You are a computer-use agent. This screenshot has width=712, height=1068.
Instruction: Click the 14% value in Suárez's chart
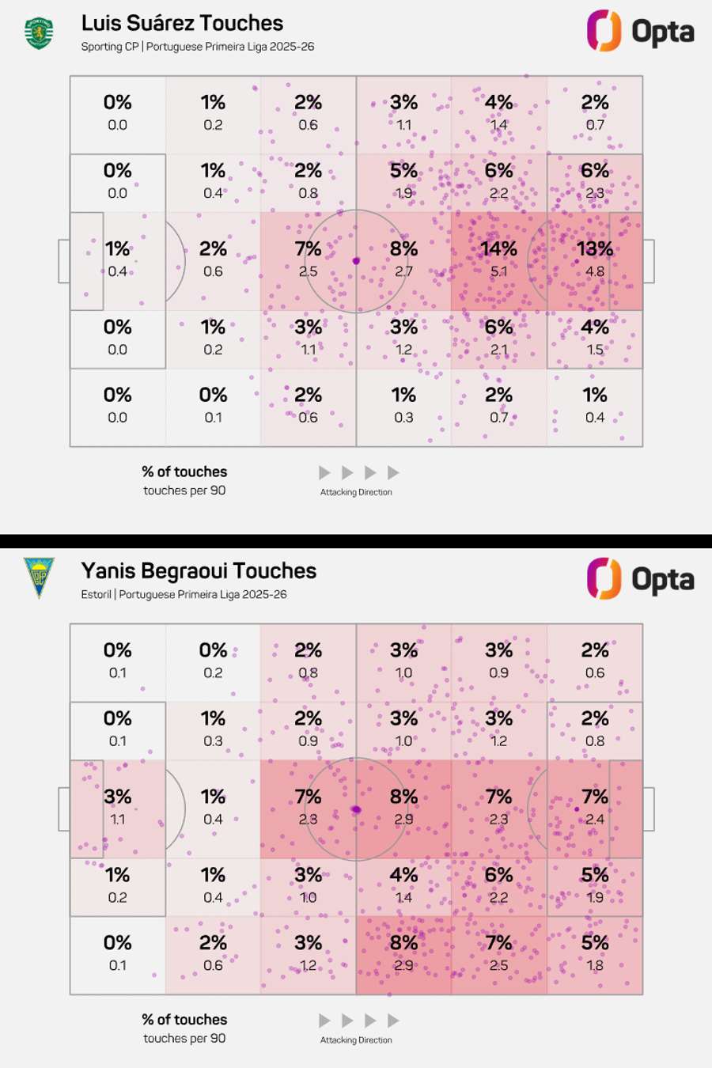point(498,249)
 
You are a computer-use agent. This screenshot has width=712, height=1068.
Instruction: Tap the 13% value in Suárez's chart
point(594,249)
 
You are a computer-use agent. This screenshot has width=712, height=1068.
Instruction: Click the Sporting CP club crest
point(39,33)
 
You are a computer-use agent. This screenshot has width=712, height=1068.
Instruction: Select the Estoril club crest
point(39,578)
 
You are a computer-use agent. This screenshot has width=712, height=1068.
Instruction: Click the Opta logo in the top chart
point(640,32)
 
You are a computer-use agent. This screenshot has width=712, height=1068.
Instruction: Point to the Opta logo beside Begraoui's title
point(640,579)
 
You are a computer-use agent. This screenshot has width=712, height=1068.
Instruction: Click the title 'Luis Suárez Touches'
point(182,23)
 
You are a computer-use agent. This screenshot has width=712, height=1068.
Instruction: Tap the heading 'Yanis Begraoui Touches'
point(199,571)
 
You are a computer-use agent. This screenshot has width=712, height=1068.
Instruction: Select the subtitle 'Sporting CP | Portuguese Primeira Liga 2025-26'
point(197,47)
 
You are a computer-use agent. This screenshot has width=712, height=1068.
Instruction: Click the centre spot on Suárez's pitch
point(356,261)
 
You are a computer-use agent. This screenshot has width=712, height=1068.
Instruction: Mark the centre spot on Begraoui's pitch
point(356,809)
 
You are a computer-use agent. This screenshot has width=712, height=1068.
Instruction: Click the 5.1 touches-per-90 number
point(498,271)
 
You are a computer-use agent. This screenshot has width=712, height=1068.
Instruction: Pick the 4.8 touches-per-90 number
point(594,271)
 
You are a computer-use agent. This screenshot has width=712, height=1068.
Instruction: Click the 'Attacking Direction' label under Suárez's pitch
point(356,492)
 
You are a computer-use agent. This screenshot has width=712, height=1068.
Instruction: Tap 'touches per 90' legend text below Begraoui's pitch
point(184,1038)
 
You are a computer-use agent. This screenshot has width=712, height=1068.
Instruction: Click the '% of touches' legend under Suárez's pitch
point(184,472)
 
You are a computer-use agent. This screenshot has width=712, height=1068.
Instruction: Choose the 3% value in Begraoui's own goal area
point(117,797)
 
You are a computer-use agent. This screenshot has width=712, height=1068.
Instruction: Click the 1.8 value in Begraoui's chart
point(594,965)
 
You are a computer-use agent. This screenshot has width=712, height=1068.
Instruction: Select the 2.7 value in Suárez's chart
point(403,271)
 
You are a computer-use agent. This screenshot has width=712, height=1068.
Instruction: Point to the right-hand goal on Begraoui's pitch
point(649,809)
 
